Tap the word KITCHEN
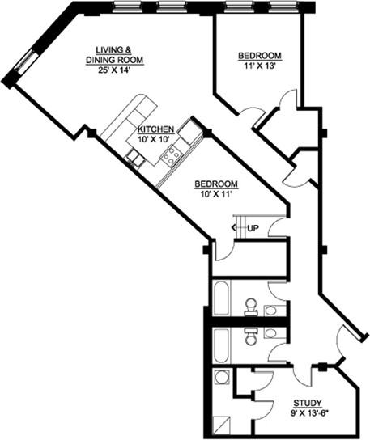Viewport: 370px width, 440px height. [155, 129]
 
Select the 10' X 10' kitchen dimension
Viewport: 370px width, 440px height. [155, 138]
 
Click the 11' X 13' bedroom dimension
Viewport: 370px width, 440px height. [258, 66]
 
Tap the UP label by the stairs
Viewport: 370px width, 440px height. [253, 228]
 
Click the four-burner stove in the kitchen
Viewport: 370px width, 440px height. [171, 154]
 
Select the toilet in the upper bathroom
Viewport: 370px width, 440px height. [251, 307]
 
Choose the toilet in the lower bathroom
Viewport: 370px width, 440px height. [251, 337]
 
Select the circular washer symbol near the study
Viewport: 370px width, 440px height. [221, 378]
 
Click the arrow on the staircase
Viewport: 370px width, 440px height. [237, 228]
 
